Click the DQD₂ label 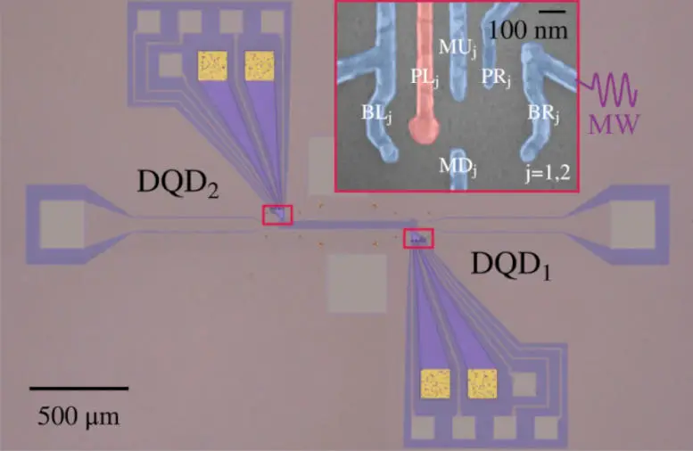tap(178, 184)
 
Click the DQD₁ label tap(511, 266)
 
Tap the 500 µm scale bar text tap(78, 416)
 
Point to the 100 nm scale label tap(528, 30)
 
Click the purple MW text tap(614, 124)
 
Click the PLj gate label tap(425, 78)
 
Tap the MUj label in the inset tap(458, 48)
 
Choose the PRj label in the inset tap(495, 78)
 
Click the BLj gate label tap(376, 113)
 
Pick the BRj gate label tap(543, 114)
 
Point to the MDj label tap(458, 167)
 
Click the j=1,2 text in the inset tap(548, 172)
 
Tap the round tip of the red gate tap(424, 128)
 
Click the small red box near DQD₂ tap(277, 215)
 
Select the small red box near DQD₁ tap(418, 239)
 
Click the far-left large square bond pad tap(62, 225)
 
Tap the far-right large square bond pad tap(632, 225)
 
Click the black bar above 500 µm tap(79, 389)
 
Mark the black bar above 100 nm tap(552, 12)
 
